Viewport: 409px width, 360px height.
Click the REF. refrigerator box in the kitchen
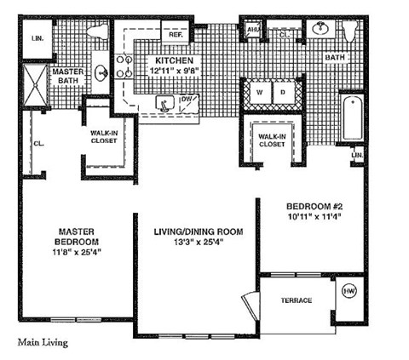(175, 34)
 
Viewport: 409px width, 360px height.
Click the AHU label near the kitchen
(253, 31)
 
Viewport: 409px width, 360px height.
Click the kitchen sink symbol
(162, 103)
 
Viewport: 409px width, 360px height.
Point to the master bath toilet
(95, 35)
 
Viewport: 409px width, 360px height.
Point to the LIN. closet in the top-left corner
(36, 39)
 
